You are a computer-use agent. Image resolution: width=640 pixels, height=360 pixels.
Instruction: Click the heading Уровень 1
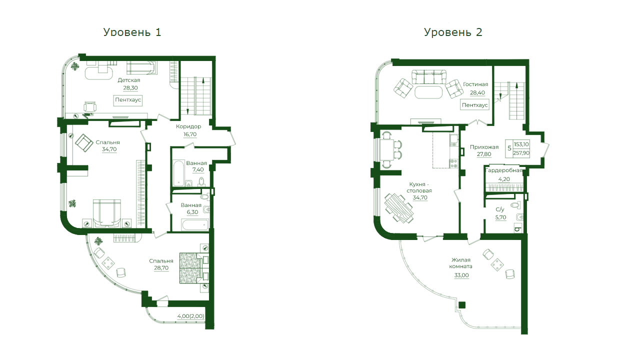tap(132, 32)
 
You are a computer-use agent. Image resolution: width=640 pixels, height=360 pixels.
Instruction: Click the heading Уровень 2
tap(453, 32)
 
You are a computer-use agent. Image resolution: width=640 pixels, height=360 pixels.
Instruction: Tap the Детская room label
tap(129, 80)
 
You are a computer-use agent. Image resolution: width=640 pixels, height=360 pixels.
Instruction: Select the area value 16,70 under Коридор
tap(190, 134)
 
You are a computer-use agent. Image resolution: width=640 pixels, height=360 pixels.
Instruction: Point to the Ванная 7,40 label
tap(196, 166)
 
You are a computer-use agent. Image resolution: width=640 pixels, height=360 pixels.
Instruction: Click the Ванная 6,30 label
tap(191, 208)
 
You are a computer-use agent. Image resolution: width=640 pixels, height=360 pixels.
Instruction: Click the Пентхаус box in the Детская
tap(128, 100)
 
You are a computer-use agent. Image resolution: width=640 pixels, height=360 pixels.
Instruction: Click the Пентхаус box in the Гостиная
tap(475, 105)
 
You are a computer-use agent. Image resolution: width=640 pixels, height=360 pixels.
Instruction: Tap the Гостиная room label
tap(475, 84)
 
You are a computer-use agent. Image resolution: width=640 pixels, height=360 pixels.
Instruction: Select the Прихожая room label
tap(484, 147)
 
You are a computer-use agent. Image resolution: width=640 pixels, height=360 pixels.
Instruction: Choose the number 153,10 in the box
tap(521, 144)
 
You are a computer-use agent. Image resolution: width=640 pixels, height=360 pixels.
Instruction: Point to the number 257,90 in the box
tap(521, 153)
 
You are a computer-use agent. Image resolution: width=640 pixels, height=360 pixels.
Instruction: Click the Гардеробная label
tap(504, 170)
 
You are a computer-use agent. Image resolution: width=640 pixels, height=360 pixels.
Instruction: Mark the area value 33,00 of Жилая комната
tap(461, 275)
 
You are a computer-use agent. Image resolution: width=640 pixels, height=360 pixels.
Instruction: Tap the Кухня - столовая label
tap(419, 187)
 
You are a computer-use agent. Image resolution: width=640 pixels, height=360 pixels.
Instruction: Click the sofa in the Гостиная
tap(429, 77)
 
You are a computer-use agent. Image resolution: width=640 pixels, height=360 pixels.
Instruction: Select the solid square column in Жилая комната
tap(462, 305)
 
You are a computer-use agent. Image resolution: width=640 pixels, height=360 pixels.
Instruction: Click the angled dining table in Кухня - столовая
tap(399, 208)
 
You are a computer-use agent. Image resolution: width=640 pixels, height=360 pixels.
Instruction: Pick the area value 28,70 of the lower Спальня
tap(161, 267)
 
